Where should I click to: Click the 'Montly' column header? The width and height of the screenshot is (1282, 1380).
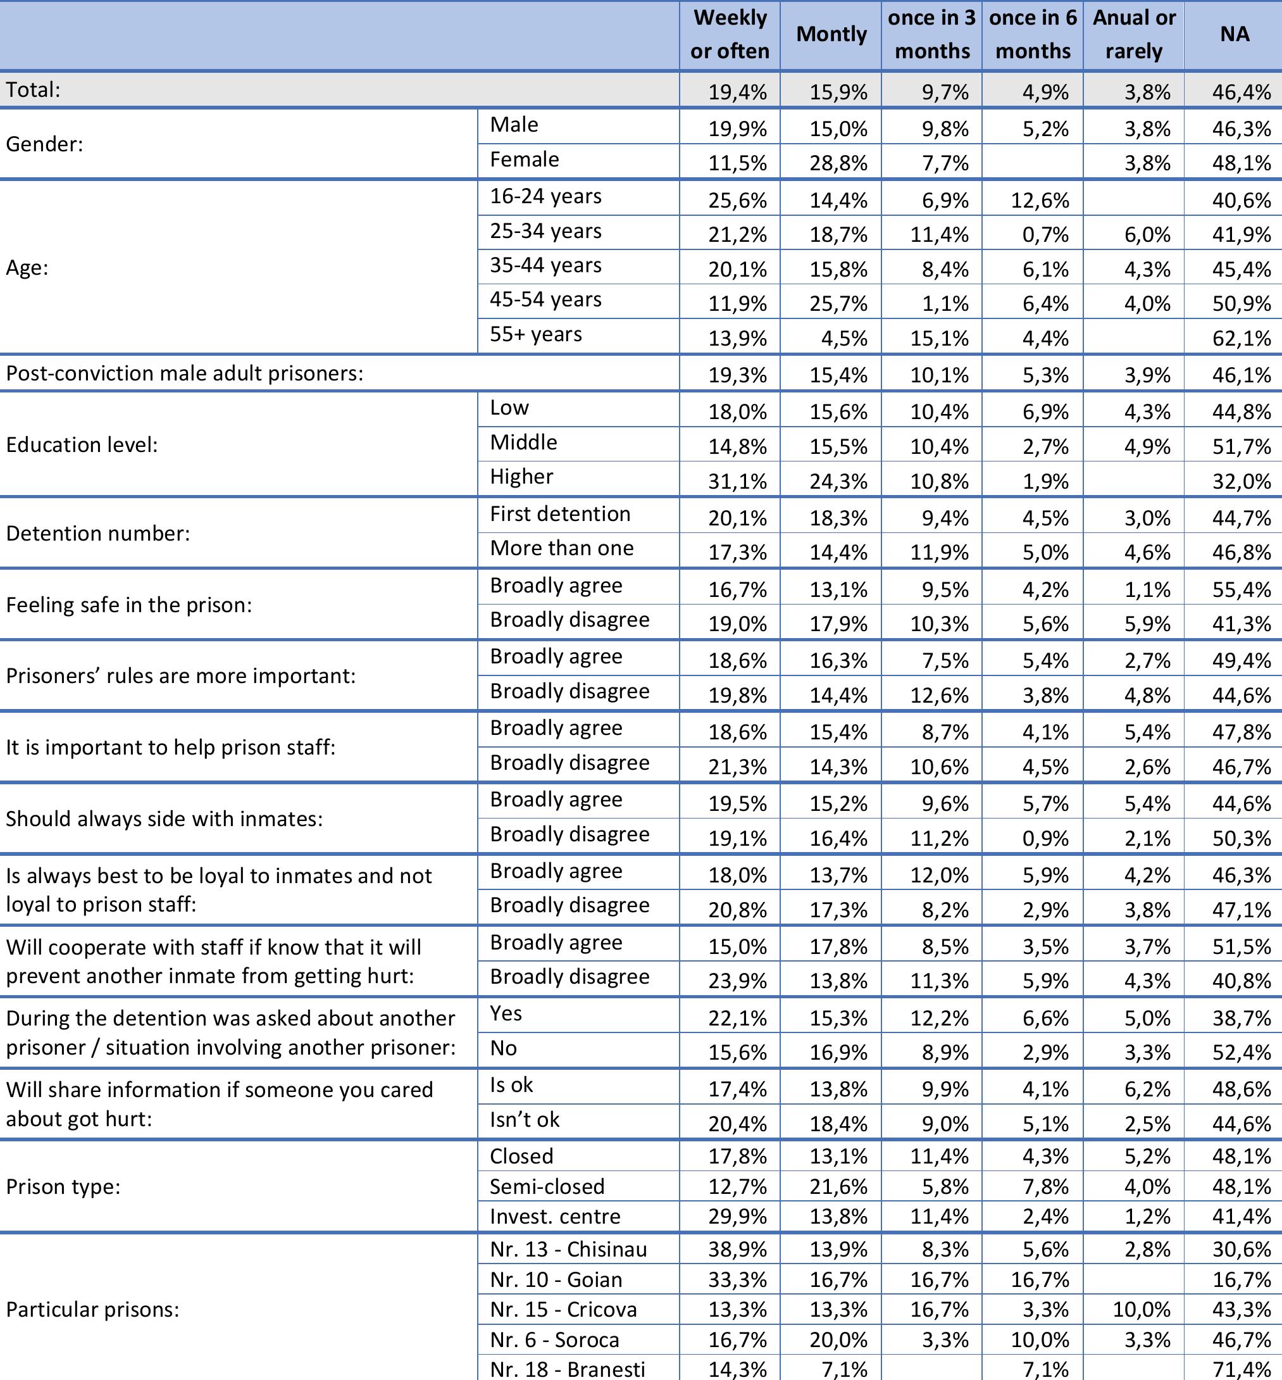831,34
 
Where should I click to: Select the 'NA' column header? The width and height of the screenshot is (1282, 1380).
1234,34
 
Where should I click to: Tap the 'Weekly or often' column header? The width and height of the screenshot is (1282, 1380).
730,34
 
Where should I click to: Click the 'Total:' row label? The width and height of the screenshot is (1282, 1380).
34,89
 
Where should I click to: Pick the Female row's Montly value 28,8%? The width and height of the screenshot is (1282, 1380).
838,163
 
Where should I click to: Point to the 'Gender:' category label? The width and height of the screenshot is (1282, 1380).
44,144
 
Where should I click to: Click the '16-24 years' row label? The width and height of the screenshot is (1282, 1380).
545,196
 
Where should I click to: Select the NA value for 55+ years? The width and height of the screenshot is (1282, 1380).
1241,338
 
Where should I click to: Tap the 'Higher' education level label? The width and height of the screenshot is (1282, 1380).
521,477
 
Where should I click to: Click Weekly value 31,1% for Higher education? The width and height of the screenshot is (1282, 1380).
737,481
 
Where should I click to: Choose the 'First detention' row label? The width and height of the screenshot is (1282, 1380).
560,514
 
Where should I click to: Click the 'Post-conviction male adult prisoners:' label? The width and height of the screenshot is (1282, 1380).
185,373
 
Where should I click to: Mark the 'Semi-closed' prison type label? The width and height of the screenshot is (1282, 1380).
547,1186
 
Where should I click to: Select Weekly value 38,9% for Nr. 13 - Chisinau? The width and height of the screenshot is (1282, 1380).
737,1250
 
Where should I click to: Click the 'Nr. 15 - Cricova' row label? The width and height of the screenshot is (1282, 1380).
563,1309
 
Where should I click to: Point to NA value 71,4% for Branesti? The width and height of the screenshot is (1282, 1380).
1241,1370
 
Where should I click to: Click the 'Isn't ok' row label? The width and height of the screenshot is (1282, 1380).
525,1119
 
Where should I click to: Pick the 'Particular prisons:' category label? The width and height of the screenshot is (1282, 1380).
92,1309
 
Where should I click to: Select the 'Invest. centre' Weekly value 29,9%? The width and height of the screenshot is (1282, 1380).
737,1217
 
